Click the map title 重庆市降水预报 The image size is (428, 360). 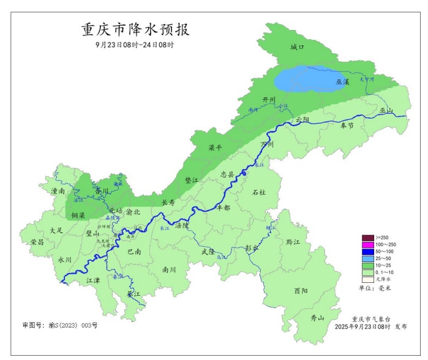pos(135,29)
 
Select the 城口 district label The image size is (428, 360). pos(297,47)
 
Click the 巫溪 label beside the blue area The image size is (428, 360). pos(343,81)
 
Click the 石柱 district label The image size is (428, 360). pos(259,192)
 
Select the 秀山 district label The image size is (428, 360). pos(317,318)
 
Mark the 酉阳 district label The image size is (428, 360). pos(300,291)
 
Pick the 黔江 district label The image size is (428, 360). pos(293,242)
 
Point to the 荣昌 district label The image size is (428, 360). pos(37,242)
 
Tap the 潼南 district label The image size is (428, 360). pos(58,192)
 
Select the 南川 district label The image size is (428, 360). pos(169,269)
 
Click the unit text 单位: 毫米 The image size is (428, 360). pos(374,288)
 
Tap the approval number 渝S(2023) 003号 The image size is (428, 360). pos(59,325)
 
